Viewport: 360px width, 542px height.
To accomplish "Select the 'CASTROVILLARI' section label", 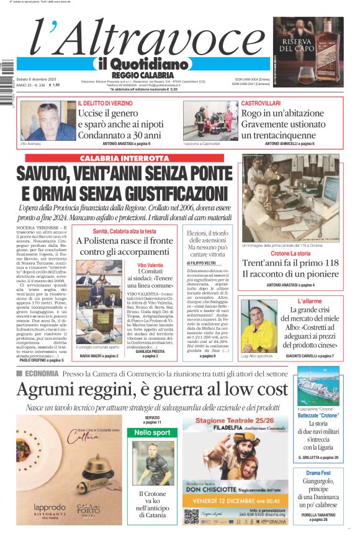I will click(261, 102).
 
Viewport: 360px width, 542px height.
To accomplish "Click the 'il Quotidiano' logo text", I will click(141, 64).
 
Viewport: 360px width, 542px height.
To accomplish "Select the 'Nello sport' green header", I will click(152, 432).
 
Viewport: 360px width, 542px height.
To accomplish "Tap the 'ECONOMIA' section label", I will click(42, 373).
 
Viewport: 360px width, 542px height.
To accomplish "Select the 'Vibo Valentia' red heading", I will click(150, 265).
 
